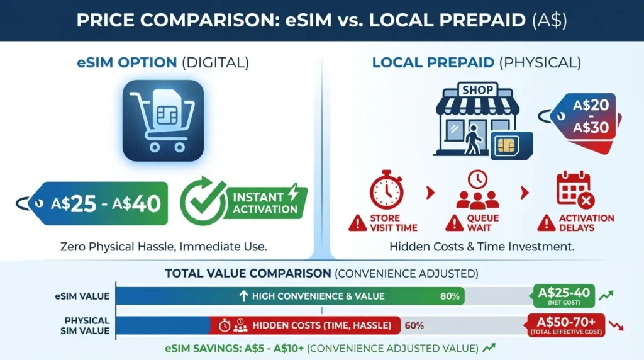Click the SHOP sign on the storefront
tap(479, 91)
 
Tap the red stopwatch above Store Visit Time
tap(386, 191)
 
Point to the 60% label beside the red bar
tap(414, 325)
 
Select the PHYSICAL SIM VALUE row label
tap(86, 325)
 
